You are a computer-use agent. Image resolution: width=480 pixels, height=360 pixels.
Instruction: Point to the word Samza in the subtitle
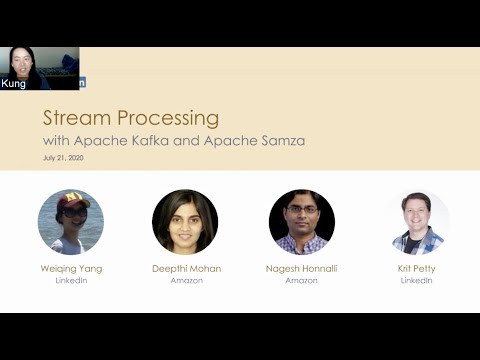coord(281,140)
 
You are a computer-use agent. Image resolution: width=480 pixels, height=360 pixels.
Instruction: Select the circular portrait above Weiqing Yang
coord(71,222)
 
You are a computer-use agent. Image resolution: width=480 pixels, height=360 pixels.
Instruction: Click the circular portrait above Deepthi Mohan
coord(185,222)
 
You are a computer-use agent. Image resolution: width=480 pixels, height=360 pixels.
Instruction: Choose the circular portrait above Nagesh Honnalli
coord(302,222)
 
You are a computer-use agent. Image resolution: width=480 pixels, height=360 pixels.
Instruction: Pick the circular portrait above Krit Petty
coord(418,222)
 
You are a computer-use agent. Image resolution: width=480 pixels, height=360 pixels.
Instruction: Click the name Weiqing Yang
coord(71,268)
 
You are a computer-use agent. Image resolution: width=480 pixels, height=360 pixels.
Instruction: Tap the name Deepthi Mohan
coord(185,268)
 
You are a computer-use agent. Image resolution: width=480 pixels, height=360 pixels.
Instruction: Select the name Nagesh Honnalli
coord(302,268)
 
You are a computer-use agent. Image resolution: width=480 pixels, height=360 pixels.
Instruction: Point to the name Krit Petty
coord(418,268)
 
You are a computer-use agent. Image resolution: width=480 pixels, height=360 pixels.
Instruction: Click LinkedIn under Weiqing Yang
coord(71,281)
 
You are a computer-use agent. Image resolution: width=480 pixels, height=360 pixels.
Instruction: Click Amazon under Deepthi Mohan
coord(185,281)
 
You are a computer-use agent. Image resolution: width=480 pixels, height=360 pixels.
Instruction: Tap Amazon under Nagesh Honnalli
coord(302,281)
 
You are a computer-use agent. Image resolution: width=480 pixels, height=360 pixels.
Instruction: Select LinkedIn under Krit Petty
coord(418,281)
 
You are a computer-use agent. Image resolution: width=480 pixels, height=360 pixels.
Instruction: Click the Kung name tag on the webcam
coord(14,84)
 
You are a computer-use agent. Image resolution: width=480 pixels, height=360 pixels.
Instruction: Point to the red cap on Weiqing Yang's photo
coord(73,202)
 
